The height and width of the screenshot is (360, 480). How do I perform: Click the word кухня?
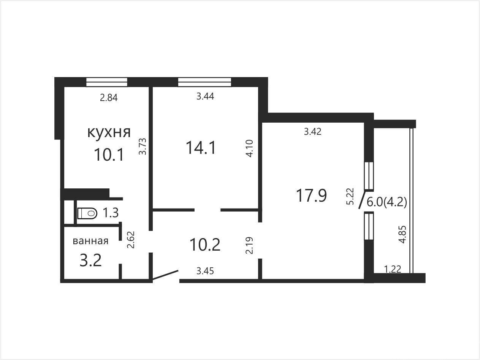click(x=109, y=133)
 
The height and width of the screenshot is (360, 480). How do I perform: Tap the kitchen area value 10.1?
click(x=109, y=155)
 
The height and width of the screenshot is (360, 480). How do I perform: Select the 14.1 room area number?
click(x=201, y=148)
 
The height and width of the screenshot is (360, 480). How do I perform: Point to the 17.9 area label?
click(x=311, y=196)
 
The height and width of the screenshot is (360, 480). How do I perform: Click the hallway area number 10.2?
click(x=205, y=245)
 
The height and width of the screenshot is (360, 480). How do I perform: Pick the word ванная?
click(x=90, y=241)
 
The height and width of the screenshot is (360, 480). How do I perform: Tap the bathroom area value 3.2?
click(x=90, y=260)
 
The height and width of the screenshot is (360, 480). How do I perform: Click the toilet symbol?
click(x=87, y=213)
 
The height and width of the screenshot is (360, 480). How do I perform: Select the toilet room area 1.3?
click(x=111, y=213)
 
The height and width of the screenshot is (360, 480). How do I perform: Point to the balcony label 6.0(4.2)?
click(x=387, y=202)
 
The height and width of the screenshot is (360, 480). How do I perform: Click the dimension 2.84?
click(x=109, y=98)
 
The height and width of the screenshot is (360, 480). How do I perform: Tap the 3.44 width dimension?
click(x=205, y=96)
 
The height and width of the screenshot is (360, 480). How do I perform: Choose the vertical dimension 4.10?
click(x=250, y=148)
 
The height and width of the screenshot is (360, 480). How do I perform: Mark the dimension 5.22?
click(x=350, y=196)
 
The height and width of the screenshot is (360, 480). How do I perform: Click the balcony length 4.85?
click(x=402, y=234)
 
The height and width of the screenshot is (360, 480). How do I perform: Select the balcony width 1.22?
click(x=393, y=269)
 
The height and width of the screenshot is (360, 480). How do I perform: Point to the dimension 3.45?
click(x=205, y=271)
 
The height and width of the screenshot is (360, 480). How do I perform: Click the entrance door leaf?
click(x=165, y=275)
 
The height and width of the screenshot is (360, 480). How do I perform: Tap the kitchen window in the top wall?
click(x=107, y=82)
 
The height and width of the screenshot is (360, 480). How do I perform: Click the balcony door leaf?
click(x=362, y=200)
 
